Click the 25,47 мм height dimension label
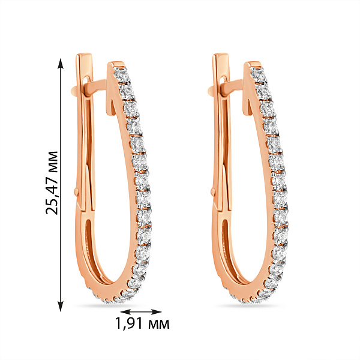(52, 183)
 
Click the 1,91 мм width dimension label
(142, 323)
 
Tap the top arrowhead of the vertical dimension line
(61, 64)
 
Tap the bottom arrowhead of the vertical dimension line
(61, 306)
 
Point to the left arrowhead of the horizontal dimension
(125, 311)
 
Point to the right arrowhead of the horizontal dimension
(157, 311)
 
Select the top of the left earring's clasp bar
(84, 56)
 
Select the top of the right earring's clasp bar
(221, 56)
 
